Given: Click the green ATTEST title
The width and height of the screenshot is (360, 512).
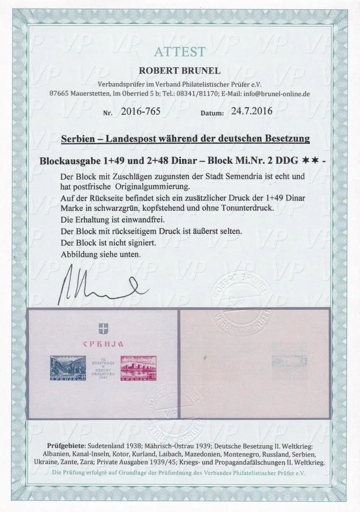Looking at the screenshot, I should [x=180, y=52].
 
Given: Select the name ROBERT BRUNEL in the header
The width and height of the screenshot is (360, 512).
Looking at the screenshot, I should [x=180, y=71].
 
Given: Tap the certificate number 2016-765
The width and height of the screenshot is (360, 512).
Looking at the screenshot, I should [x=135, y=112].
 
